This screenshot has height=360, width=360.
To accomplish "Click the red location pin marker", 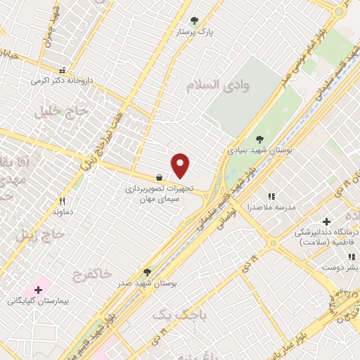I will tap(181, 165).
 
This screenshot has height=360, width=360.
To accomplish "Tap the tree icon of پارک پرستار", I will tap(195, 20).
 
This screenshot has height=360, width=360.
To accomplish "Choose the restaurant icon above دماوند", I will tap(63, 200).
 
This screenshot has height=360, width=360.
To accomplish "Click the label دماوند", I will tap(63, 211).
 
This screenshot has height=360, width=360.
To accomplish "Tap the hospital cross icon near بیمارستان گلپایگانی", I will tap(38, 290).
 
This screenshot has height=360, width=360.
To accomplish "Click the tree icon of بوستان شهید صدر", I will tap(147, 271).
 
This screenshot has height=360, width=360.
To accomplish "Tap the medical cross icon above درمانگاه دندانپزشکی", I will tap(326, 221).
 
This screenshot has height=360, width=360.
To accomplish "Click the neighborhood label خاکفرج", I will tap(91, 276).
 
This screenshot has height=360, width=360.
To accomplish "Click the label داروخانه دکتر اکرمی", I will tap(62, 80).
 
